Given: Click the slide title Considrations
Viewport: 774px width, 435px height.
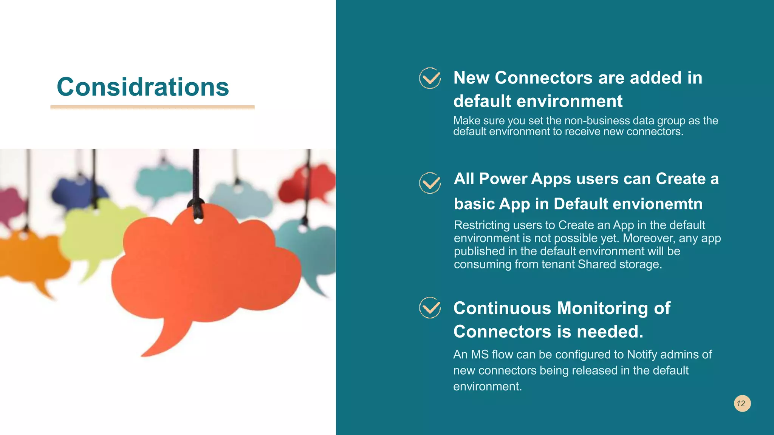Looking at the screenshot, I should click(x=143, y=87).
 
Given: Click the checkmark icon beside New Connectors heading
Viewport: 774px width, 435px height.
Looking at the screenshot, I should click(x=430, y=78).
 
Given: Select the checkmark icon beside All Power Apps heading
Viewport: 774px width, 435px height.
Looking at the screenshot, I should click(x=430, y=183).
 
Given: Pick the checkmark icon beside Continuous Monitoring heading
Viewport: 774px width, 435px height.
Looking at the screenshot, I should click(x=430, y=308).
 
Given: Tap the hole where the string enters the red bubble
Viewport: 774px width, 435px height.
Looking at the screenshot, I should click(x=198, y=219).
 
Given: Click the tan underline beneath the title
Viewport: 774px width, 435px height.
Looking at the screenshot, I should click(x=152, y=107).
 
